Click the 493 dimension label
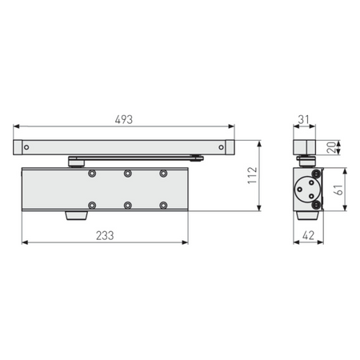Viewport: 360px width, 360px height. coord(124,120)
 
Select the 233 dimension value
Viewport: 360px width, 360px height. coord(105,236)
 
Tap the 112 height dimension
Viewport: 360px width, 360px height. coord(252,175)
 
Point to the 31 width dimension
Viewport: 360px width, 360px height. coord(303,120)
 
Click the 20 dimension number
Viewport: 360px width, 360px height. coord(331,147)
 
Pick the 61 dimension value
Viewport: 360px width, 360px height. coord(338,190)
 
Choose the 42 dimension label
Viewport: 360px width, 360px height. coord(308,236)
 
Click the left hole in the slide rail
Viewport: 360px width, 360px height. coord(26,147)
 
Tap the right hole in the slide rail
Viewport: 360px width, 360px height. coord(221,147)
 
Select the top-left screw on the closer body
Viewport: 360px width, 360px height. coord(92,174)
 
